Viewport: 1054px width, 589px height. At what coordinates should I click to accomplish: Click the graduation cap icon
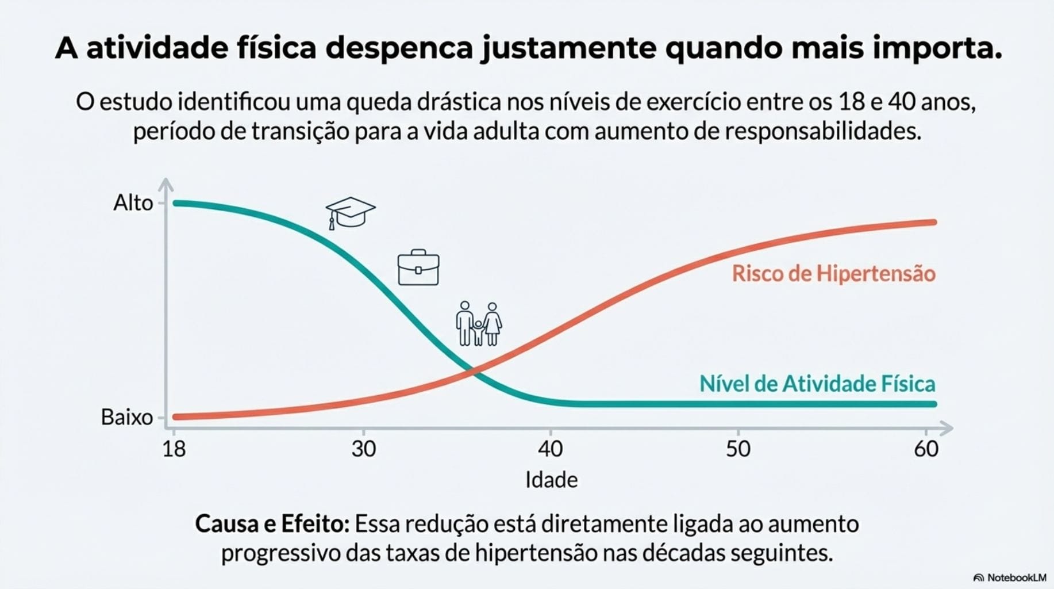click(350, 213)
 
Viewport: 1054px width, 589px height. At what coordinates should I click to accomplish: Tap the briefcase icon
click(418, 268)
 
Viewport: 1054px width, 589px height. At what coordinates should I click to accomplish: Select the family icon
click(479, 324)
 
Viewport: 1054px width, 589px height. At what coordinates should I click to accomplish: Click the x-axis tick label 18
click(174, 449)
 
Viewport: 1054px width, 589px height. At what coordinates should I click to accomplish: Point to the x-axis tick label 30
click(363, 449)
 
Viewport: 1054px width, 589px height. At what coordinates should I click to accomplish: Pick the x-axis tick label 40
click(551, 449)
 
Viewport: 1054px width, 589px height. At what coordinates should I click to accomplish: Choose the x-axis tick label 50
click(738, 449)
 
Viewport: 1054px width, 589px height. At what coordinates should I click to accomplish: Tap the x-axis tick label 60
click(926, 449)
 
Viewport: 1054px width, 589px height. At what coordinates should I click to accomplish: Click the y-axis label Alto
click(133, 203)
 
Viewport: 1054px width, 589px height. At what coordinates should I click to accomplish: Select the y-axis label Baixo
click(127, 417)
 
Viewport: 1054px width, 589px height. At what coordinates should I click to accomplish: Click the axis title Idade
click(551, 480)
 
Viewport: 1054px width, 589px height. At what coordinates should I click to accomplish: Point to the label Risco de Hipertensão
click(833, 273)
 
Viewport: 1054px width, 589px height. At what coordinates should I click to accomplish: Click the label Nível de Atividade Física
click(817, 384)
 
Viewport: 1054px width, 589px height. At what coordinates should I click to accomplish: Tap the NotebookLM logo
click(1010, 577)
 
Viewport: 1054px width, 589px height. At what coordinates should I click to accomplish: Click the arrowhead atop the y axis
click(166, 184)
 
